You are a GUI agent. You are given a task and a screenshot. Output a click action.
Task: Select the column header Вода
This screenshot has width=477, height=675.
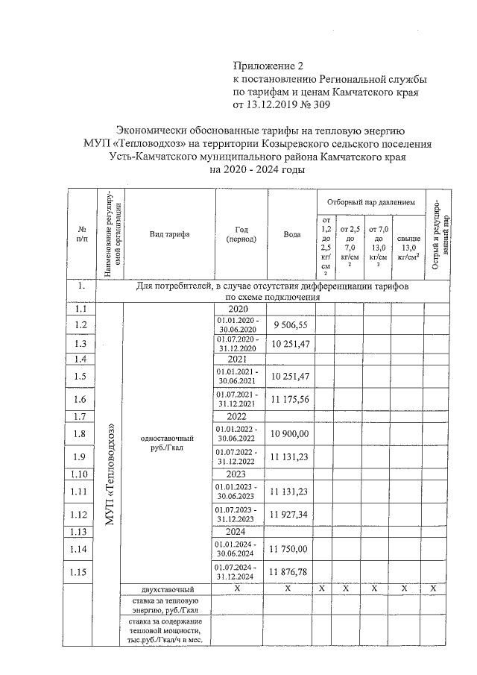292,234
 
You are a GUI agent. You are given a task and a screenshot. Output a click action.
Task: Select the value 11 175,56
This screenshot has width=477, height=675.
291,400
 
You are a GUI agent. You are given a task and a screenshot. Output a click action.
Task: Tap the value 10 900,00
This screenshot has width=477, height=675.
291,434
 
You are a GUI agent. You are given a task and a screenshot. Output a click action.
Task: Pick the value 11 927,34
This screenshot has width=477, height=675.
291,515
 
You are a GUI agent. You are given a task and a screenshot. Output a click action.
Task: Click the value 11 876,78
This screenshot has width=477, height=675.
291,572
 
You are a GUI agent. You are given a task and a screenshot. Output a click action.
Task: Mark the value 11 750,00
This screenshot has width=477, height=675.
291,549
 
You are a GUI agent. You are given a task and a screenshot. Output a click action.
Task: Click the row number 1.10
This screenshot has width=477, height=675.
81,474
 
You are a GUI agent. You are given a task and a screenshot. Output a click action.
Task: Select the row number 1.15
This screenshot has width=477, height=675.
81,572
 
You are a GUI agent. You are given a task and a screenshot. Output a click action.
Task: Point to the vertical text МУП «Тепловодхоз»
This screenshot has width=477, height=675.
110,474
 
